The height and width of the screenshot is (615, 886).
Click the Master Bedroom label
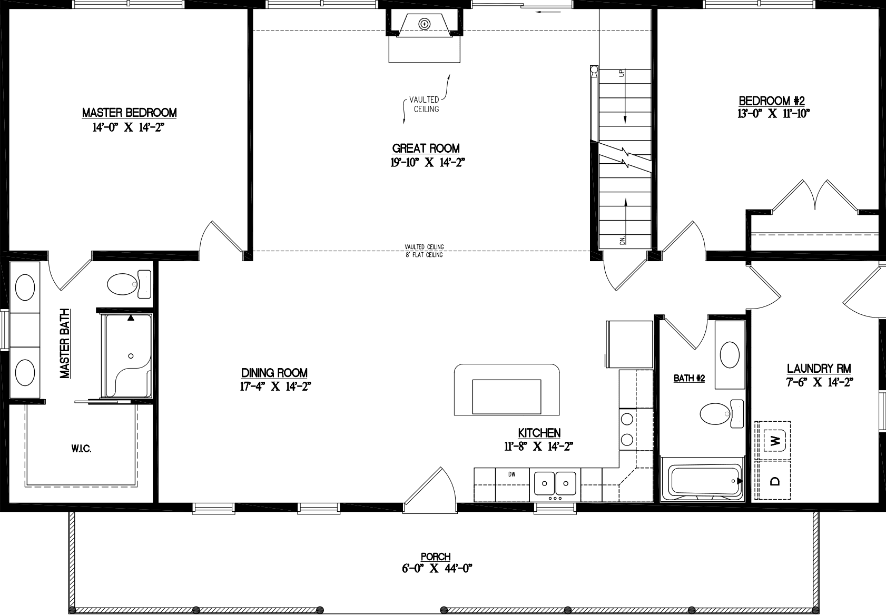[x=129, y=113]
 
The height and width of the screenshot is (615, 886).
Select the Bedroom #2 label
[x=772, y=101]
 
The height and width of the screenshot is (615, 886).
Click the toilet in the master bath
[x=128, y=284]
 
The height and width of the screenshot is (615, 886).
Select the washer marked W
[x=775, y=440]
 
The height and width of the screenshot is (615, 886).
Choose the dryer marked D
[x=775, y=481]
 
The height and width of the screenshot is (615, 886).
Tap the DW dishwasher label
[x=511, y=474]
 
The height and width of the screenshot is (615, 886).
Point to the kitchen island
[x=506, y=390]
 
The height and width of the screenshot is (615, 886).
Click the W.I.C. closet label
[x=81, y=449]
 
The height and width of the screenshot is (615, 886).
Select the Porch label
[x=436, y=557]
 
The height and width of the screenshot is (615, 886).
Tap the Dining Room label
[x=274, y=373]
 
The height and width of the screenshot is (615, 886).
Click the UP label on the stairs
[x=622, y=74]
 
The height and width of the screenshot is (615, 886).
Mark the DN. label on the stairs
[x=622, y=240]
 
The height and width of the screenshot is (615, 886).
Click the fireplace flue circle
[x=424, y=23]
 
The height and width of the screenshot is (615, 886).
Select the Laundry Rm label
[x=819, y=369]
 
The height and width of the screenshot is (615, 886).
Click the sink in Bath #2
[x=730, y=354]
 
